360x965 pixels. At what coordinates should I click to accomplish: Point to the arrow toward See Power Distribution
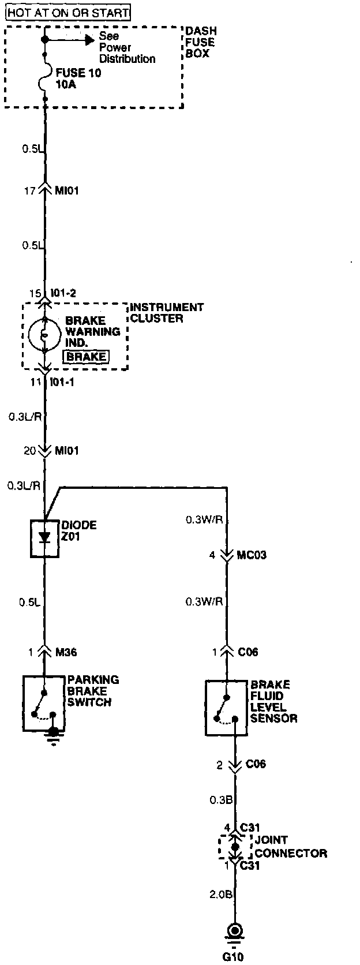88,39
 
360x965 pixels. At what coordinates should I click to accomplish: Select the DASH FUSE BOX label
200,42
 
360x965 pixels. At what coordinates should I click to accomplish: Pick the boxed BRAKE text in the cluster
86,356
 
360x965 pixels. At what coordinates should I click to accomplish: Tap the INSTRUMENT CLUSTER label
166,312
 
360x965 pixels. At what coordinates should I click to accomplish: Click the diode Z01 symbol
44,537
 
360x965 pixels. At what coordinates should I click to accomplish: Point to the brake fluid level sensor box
226,708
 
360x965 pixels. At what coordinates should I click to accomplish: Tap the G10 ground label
233,956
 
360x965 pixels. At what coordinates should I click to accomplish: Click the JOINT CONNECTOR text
290,847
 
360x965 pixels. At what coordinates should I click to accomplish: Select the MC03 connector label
252,555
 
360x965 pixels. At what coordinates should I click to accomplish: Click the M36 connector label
66,652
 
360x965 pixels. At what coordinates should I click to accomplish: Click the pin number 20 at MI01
29,450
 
